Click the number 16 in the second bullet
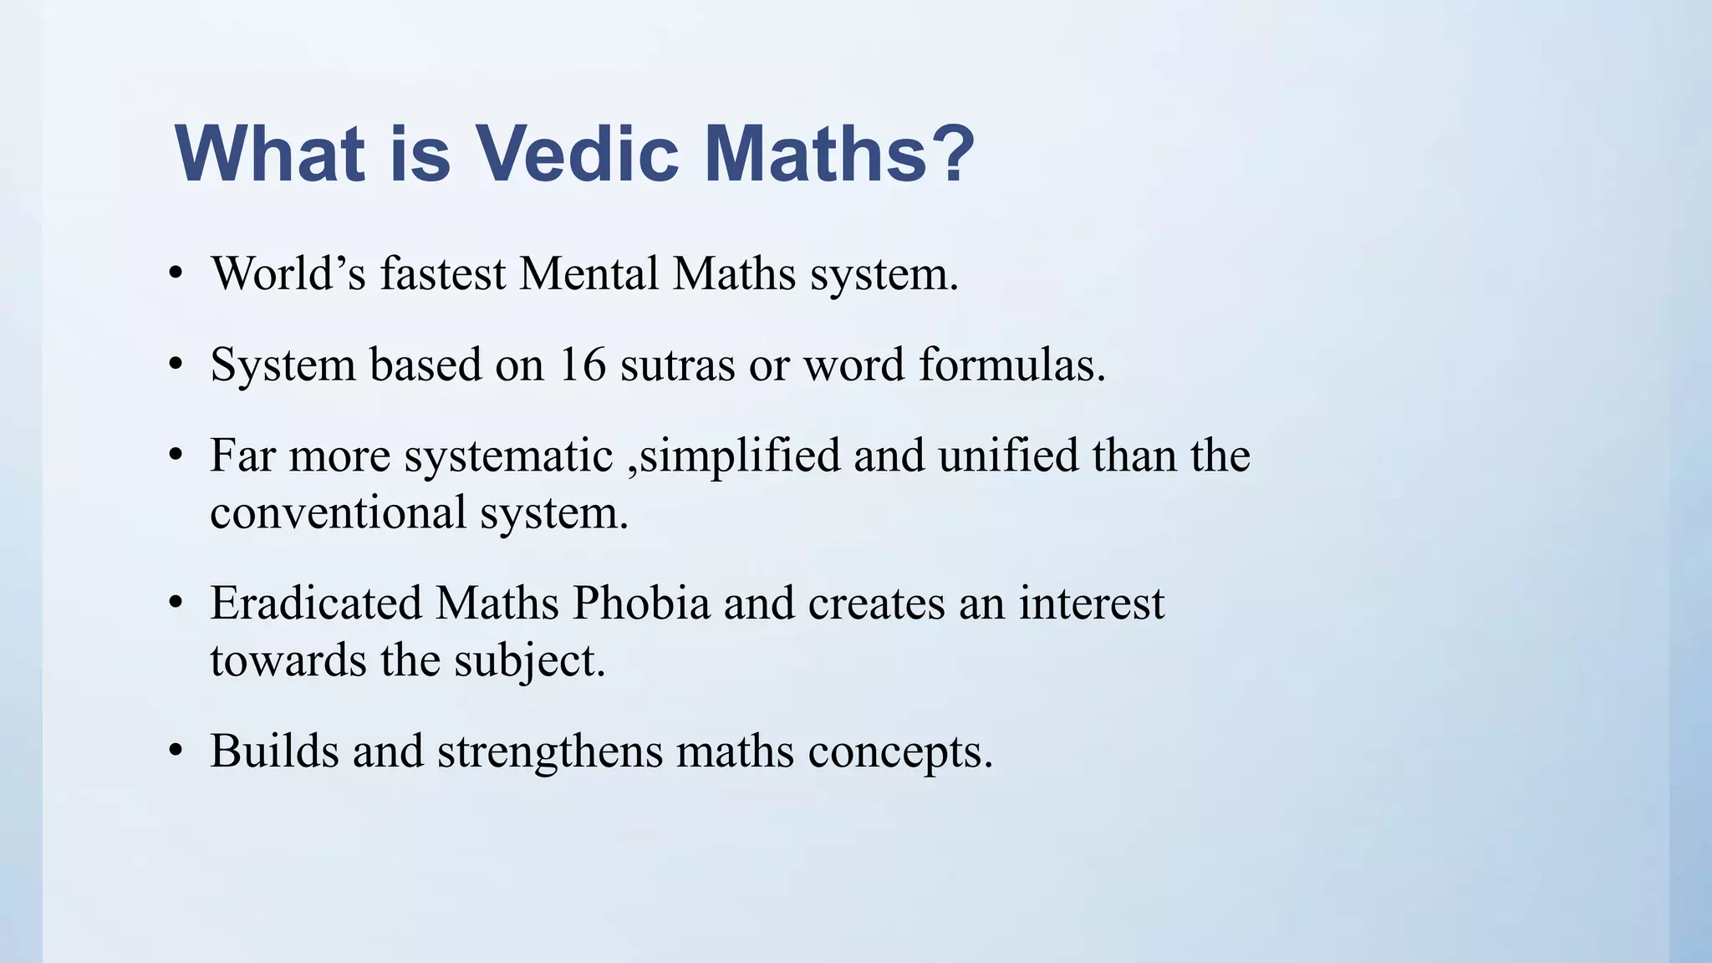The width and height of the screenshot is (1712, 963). tap(582, 364)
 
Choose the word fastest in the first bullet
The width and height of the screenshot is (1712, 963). tap(443, 273)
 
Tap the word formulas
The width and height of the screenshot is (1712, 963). tap(1011, 364)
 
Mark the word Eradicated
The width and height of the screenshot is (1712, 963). tap(315, 603)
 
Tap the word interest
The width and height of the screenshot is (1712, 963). tap(1091, 603)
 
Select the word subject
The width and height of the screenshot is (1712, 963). tap(529, 660)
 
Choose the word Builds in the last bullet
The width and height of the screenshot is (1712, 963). tap(274, 750)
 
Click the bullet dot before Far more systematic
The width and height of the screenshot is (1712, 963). tap(175, 457)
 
